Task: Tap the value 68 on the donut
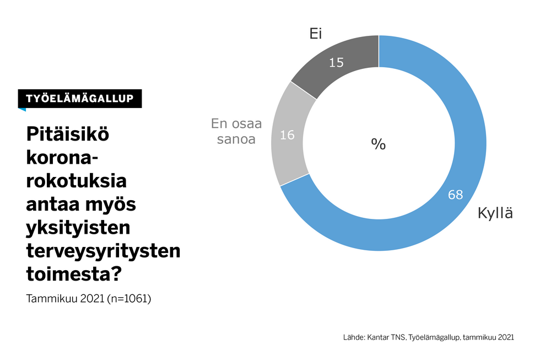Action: (x=455, y=195)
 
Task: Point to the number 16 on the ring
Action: (x=288, y=134)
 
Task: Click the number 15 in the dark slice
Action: (x=336, y=63)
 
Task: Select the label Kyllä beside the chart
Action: (x=495, y=213)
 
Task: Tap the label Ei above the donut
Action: (x=315, y=34)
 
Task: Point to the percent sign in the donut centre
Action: (x=378, y=144)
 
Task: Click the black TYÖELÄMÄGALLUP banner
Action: (x=79, y=98)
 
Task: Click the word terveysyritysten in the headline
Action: (x=103, y=251)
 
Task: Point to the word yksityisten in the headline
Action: (x=78, y=228)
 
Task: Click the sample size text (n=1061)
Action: (x=129, y=299)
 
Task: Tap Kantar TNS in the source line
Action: (x=385, y=337)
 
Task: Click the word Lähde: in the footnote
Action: (x=353, y=337)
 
